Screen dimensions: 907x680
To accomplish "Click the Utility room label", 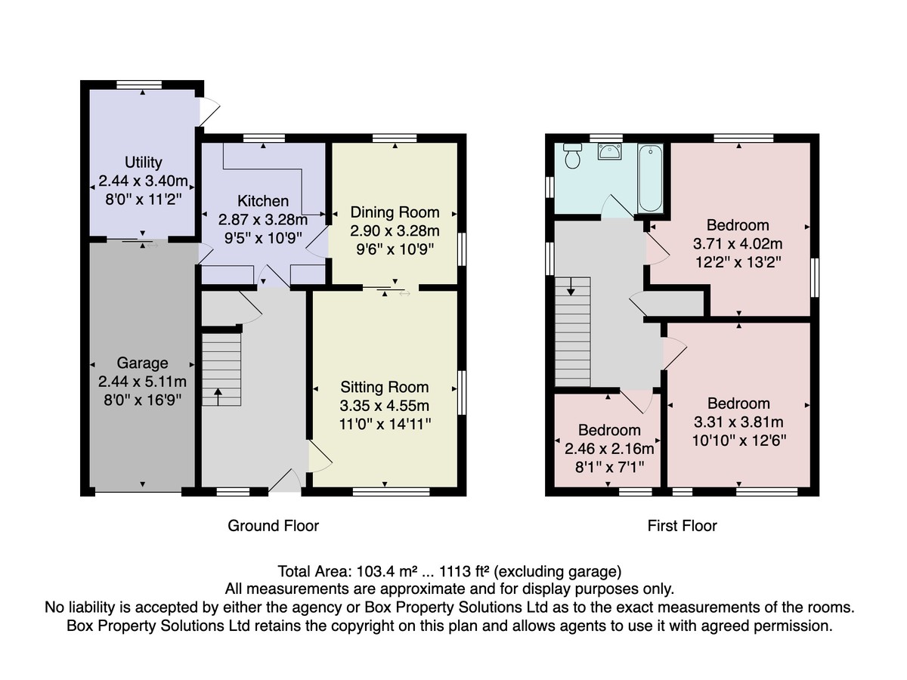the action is [144, 162].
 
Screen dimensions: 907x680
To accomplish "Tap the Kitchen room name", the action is [263, 201].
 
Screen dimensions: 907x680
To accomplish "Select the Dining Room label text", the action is [395, 212].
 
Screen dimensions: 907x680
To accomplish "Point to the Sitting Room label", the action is [384, 388].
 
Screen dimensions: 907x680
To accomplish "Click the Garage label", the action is [143, 363].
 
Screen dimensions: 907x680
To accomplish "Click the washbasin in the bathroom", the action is [609, 152].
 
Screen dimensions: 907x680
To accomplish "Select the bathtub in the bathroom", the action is [651, 178].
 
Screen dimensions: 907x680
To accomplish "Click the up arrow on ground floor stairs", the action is [218, 397].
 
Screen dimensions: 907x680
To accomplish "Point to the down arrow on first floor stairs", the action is [571, 286].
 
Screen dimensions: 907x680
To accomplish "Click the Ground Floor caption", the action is [273, 526].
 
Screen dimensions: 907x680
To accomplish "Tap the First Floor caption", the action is [682, 526].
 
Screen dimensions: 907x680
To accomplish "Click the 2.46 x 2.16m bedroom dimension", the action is [609, 448].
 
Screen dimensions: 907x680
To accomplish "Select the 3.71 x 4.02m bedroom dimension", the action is [738, 243].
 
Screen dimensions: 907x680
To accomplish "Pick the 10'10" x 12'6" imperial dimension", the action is [738, 440].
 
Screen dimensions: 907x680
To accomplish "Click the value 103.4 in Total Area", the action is [375, 571].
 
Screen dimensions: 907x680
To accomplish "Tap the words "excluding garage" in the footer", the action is [558, 572].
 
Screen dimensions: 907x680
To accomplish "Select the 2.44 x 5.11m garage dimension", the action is [142, 382].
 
